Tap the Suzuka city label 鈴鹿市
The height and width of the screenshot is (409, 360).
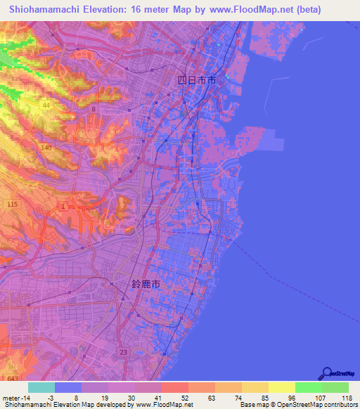click(146, 285)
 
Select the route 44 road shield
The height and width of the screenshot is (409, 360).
click(46, 105)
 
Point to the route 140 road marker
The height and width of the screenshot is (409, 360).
click(47, 148)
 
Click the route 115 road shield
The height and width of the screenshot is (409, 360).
click(12, 204)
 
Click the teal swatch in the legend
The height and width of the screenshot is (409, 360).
click(41, 387)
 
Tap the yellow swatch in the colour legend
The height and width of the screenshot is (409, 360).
click(281, 387)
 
